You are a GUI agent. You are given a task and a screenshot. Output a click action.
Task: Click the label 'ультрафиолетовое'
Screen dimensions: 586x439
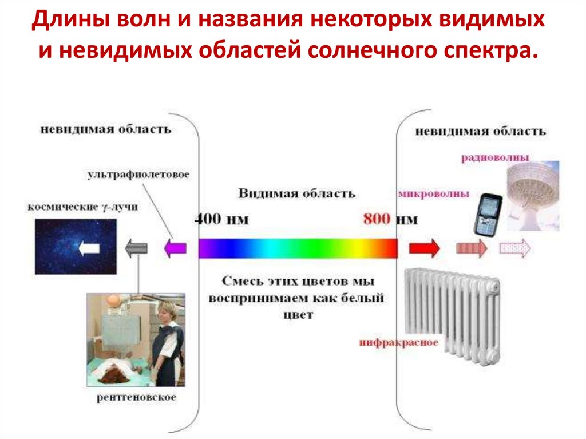(x=138, y=174)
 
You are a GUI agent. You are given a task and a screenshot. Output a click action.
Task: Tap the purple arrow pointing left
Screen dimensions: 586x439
(x=175, y=248)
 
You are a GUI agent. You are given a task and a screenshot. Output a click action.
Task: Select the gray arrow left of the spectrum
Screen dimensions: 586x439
(x=137, y=248)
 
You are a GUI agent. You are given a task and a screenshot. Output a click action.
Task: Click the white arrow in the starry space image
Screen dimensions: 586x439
(x=90, y=248)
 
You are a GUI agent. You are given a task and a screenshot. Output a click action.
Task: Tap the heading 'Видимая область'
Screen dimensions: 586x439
(x=297, y=193)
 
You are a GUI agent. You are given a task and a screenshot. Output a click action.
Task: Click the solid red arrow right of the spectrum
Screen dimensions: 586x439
(x=424, y=248)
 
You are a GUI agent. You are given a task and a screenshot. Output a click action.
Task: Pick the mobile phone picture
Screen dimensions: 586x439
(x=488, y=213)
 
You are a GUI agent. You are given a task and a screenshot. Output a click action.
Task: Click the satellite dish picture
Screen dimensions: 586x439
(x=532, y=195)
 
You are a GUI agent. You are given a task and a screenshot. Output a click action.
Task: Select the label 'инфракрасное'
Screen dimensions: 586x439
(x=399, y=343)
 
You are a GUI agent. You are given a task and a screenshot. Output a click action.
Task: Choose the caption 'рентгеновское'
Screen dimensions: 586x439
(x=136, y=397)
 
